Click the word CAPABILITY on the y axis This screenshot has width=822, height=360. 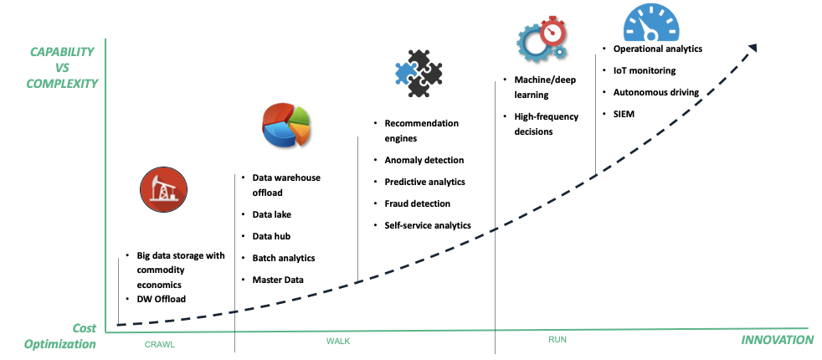pyautogui.click(x=62, y=52)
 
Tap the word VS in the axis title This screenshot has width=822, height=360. pyautogui.click(x=62, y=68)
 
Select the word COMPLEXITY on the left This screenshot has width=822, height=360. pyautogui.click(x=62, y=84)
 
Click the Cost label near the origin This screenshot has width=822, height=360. pyautogui.click(x=84, y=328)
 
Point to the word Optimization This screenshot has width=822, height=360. pyautogui.click(x=59, y=344)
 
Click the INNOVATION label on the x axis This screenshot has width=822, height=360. pyautogui.click(x=777, y=340)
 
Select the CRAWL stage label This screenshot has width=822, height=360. pyautogui.click(x=160, y=344)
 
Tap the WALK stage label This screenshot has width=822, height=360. pyautogui.click(x=338, y=341)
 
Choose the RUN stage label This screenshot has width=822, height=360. pyautogui.click(x=557, y=339)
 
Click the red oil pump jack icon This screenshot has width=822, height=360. pyautogui.click(x=163, y=189)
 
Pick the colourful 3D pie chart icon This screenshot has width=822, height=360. pyautogui.click(x=285, y=125)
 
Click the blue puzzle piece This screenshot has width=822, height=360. pyautogui.click(x=405, y=73)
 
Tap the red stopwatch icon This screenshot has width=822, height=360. pyautogui.click(x=552, y=31)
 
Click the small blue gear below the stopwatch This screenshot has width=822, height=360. pyautogui.click(x=560, y=52)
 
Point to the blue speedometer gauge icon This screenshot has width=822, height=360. pyautogui.click(x=650, y=20)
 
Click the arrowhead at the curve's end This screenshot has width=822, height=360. pyautogui.click(x=753, y=49)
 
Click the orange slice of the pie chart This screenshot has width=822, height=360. pyautogui.click(x=301, y=131)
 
